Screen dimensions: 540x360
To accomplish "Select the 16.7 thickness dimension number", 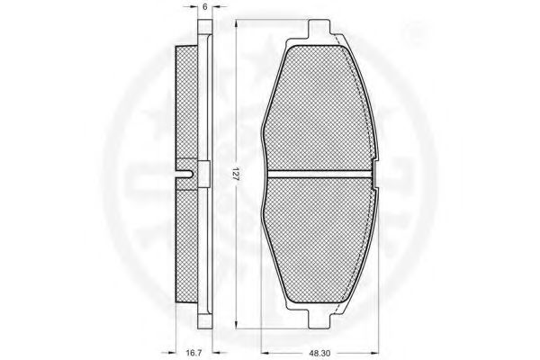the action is pyautogui.click(x=193, y=353).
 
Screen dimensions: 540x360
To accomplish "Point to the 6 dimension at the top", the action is pyautogui.click(x=205, y=6).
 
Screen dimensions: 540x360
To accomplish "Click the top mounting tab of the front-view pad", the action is pyautogui.click(x=319, y=29).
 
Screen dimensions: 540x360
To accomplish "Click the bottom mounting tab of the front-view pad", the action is pyautogui.click(x=319, y=319).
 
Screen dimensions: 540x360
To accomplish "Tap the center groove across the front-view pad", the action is pyautogui.click(x=319, y=175).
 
